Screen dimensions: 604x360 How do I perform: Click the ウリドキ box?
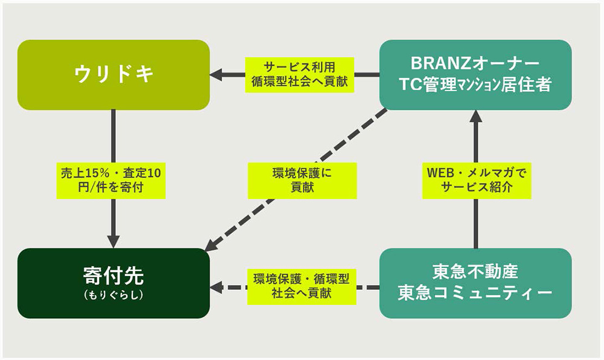tap(114, 75)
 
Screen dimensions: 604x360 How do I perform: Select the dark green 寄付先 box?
tap(114, 283)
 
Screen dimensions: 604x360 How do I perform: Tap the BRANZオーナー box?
tap(475, 75)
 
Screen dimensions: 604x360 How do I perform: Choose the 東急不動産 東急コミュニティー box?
tap(475, 283)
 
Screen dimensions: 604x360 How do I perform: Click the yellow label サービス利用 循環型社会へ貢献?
tap(300, 75)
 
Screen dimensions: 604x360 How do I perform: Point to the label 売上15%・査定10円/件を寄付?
tap(111, 181)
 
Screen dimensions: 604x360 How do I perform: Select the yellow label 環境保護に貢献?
tap(303, 181)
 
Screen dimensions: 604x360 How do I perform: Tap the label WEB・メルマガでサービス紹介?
tap(477, 181)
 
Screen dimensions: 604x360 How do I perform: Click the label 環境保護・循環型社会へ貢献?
tap(301, 287)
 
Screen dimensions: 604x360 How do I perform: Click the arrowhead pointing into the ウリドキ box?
tap(216, 75)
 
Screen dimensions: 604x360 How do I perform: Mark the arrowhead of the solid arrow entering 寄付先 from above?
tap(114, 242)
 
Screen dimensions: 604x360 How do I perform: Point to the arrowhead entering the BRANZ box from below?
tap(476, 117)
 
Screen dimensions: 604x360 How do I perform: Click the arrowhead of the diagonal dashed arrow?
tap(213, 245)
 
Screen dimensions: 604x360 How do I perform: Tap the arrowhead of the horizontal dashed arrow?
tap(216, 288)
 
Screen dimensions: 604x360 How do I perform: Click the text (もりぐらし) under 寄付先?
tap(114, 295)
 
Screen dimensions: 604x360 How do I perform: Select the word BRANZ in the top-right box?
tap(437, 63)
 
